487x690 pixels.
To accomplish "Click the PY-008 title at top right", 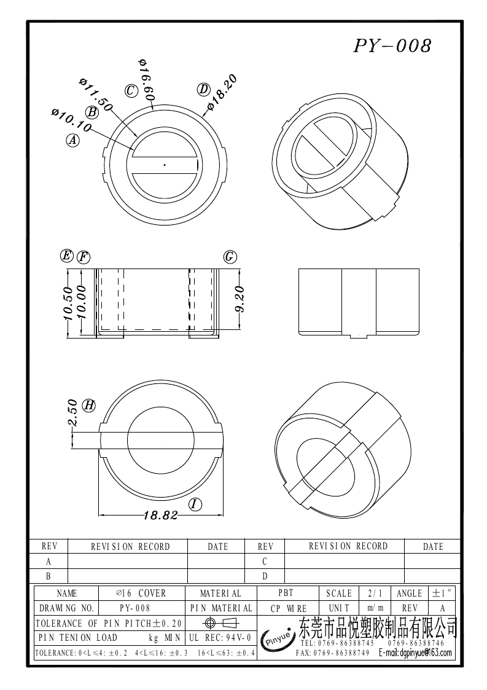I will click(392, 46).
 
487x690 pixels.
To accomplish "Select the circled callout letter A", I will click(72, 140).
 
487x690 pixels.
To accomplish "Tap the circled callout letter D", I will click(203, 89).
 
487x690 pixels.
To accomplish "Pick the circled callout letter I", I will click(195, 504).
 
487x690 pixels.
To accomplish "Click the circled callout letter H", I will click(89, 405).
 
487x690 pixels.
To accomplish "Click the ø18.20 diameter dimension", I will click(222, 93).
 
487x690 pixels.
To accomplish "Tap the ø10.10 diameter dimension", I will click(71, 120).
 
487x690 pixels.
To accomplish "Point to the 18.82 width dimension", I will click(160, 516).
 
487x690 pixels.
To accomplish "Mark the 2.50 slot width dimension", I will click(72, 413).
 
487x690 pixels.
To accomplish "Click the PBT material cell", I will click(286, 593).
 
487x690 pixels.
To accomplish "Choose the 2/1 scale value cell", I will click(374, 593).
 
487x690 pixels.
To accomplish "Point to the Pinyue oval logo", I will click(278, 640).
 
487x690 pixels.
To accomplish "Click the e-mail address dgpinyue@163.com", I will click(415, 653).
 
